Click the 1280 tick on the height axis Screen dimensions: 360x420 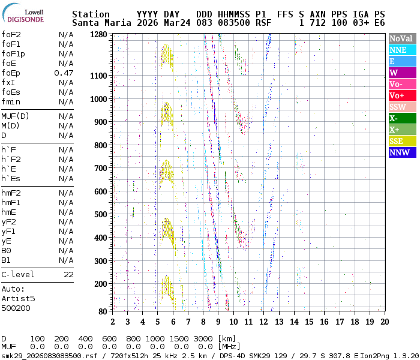coord(98,34)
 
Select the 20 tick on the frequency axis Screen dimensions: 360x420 coord(384,322)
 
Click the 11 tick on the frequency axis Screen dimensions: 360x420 coord(248,322)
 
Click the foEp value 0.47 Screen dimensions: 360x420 coord(64,73)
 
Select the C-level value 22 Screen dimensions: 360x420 coord(68,274)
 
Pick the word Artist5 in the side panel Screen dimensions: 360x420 coord(18,298)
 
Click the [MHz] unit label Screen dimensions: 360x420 coord(229,346)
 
